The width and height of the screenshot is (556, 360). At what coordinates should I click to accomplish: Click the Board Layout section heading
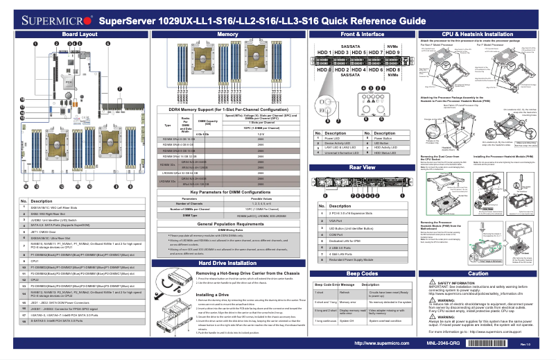point(80,34)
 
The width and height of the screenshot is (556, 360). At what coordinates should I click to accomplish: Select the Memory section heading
point(228,34)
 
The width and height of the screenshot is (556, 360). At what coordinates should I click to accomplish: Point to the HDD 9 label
point(394,53)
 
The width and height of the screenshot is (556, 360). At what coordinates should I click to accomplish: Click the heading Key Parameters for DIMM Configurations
point(228,190)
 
